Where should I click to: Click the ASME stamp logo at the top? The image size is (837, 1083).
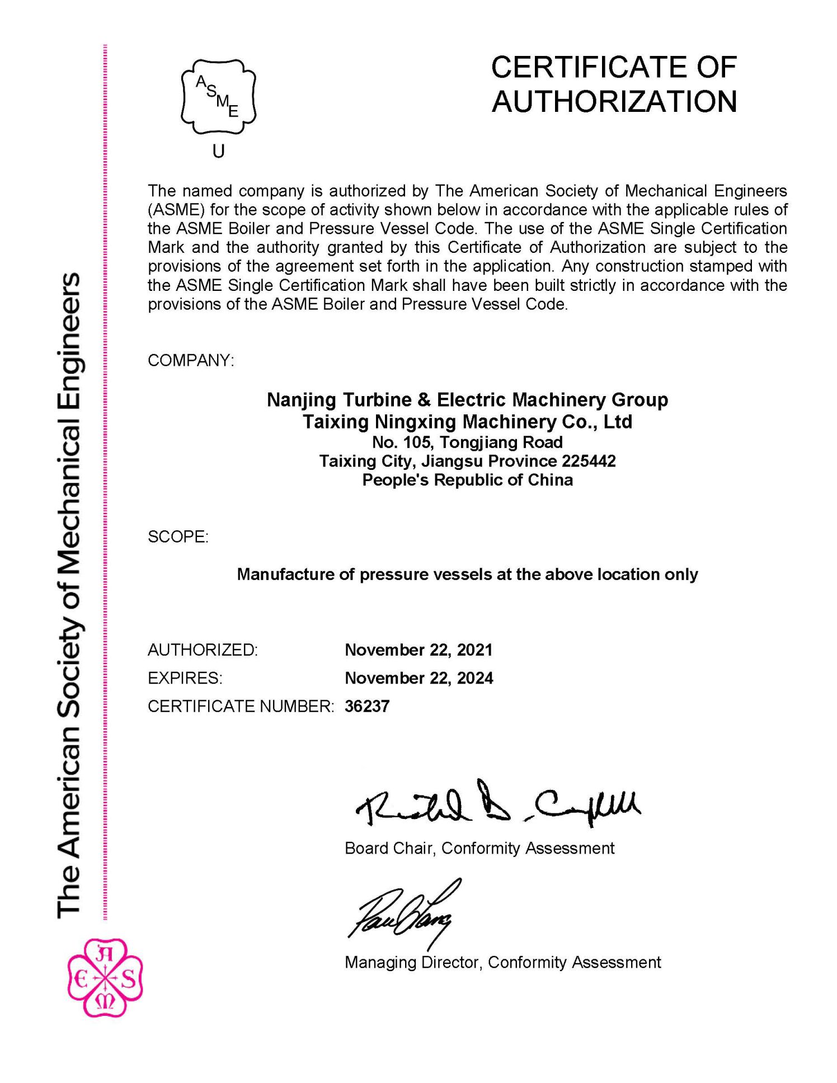point(218,97)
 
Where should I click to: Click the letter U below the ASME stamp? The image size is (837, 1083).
point(218,151)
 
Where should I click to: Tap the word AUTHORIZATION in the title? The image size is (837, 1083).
point(614,101)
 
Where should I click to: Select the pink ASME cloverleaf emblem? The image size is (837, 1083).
point(105,977)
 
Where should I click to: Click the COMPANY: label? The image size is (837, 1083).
point(191,360)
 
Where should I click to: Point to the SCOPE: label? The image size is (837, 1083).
point(178,537)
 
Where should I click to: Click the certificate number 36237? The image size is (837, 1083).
point(367,707)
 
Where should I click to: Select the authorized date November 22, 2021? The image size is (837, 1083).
point(418,650)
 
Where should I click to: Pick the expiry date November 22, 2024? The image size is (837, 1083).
point(418,678)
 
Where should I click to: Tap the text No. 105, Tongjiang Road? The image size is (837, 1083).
point(467,442)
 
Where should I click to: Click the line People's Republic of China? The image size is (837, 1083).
point(467,480)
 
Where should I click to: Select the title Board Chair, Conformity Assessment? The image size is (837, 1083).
point(479,848)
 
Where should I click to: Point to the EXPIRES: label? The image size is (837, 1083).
point(185,678)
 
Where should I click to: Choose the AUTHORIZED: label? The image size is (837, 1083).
point(203,650)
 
